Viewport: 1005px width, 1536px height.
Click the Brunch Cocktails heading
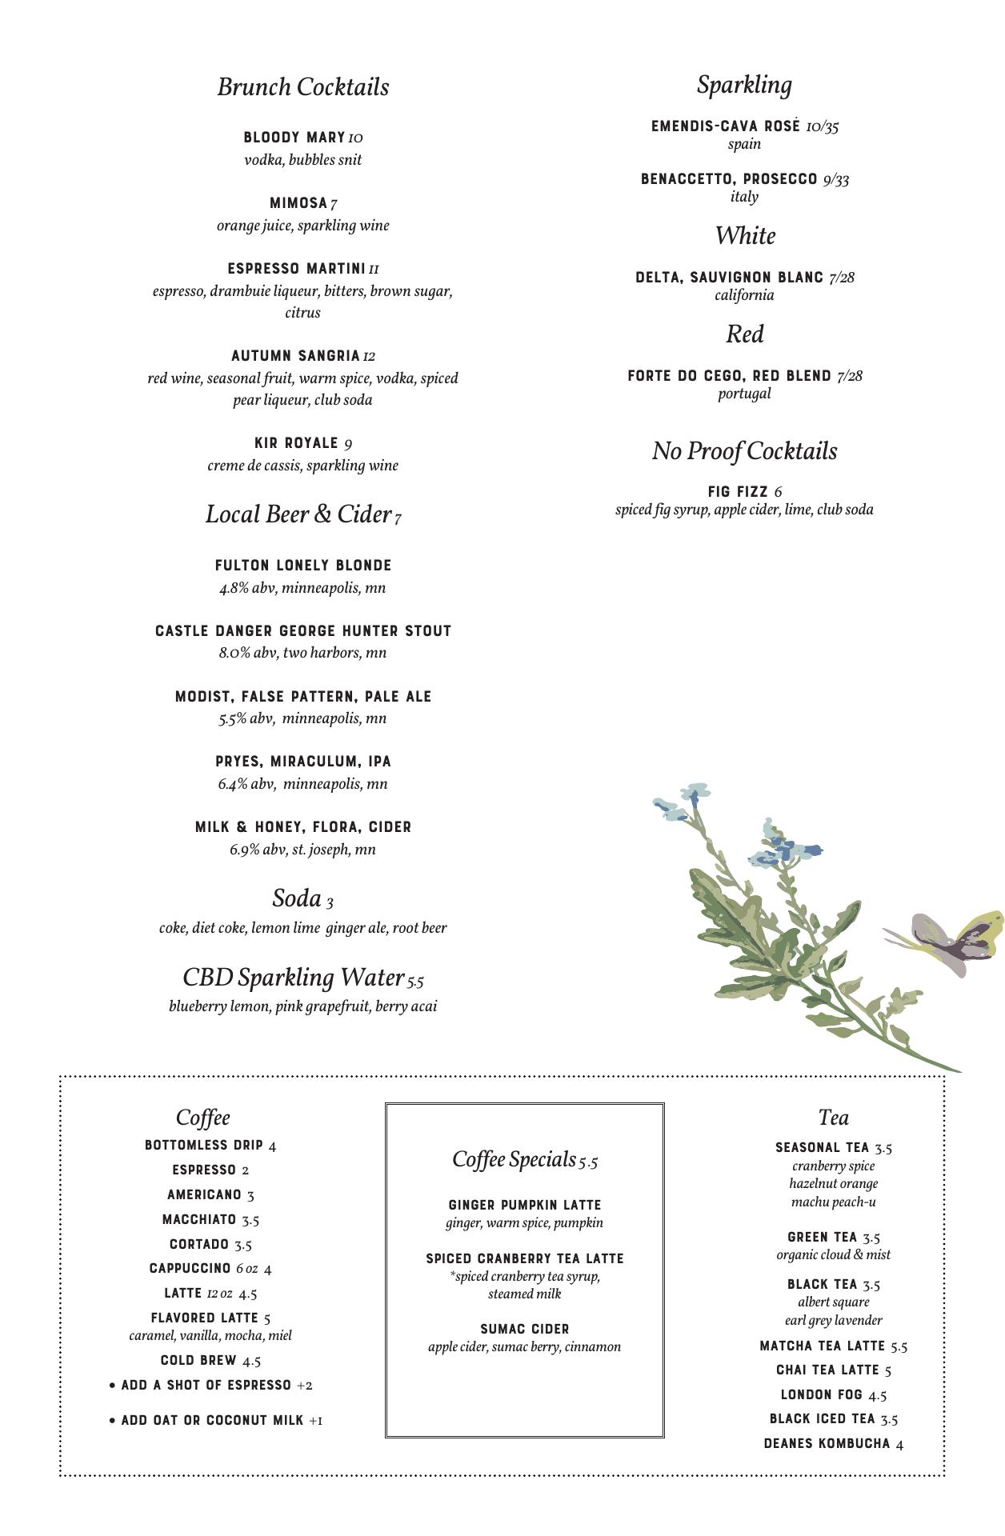(302, 87)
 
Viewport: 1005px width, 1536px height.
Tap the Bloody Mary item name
(294, 138)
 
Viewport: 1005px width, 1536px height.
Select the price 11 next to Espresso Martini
(374, 270)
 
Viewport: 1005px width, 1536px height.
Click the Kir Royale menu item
(296, 443)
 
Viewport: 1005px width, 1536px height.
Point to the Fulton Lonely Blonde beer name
(303, 566)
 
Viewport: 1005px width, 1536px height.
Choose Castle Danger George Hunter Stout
(303, 631)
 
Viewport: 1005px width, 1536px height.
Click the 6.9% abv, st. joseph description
(302, 850)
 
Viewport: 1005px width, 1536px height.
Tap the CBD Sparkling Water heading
(293, 978)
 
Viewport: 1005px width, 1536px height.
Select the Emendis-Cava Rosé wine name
(725, 126)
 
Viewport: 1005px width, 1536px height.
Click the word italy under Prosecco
(744, 197)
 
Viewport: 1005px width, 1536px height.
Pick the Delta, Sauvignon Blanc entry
(729, 278)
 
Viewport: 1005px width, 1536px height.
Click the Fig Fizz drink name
(738, 492)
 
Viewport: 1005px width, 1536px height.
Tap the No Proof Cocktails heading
(744, 451)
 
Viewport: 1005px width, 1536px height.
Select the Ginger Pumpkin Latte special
(524, 1205)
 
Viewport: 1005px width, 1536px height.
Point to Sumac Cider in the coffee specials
(524, 1329)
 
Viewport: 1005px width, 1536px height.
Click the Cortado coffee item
(199, 1244)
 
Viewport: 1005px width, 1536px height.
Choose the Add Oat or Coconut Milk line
(212, 1420)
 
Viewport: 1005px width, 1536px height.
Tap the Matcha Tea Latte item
(823, 1346)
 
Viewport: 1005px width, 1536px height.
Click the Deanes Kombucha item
(827, 1443)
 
